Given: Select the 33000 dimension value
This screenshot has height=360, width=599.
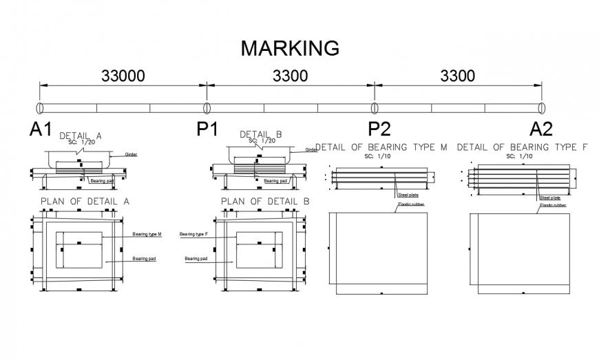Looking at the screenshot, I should tap(123, 76).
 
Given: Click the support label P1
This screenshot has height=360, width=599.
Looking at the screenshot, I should tap(207, 129).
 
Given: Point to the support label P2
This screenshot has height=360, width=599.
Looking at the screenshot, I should tap(379, 129).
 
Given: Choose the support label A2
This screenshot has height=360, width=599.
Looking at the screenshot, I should tap(540, 129).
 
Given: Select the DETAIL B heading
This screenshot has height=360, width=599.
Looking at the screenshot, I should tap(260, 135).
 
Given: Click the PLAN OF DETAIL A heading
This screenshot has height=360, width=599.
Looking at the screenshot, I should tap(85, 202).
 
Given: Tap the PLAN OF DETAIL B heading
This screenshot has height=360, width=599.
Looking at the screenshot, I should tap(265, 202).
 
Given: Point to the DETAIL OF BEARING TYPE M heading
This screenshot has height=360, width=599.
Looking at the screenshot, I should tap(381, 147).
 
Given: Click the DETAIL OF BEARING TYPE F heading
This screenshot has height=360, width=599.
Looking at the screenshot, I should tap(522, 147).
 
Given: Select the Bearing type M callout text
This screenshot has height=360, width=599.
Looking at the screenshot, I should tap(147, 235).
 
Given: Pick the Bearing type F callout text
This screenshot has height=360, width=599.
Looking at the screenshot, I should tap(193, 235).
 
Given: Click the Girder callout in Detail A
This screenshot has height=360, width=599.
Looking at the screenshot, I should tap(131, 155).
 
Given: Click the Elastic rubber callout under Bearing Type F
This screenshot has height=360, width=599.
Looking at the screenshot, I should tap(552, 205).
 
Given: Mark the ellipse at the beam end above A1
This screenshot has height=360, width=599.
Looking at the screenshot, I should tap(39, 108).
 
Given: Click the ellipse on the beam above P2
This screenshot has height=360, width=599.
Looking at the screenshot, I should tap(375, 108).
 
